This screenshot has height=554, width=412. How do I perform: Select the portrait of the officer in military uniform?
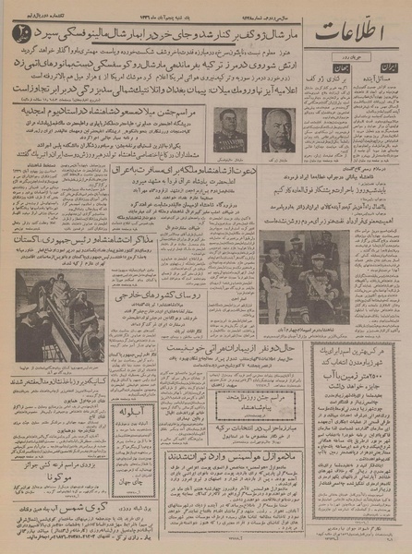[x=229, y=129]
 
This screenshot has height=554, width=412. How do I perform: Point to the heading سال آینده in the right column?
[x=379, y=80]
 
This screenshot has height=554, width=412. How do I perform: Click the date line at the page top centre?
[x=203, y=6]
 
